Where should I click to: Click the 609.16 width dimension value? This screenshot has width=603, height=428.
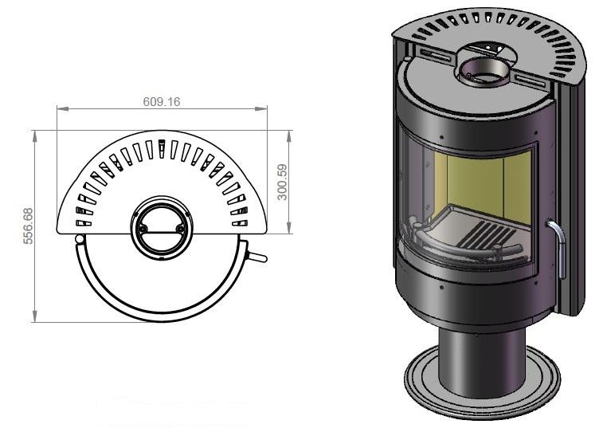pos(162,101)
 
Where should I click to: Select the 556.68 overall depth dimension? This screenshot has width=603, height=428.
pos(28,226)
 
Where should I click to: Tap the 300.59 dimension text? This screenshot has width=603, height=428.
pos(282,182)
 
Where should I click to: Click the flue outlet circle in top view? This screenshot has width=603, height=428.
pos(162,227)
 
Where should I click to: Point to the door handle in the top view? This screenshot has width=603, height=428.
pos(256,257)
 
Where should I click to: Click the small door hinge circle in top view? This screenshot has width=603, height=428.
pos(80,239)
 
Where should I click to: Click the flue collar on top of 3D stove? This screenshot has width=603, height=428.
pos(484,72)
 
